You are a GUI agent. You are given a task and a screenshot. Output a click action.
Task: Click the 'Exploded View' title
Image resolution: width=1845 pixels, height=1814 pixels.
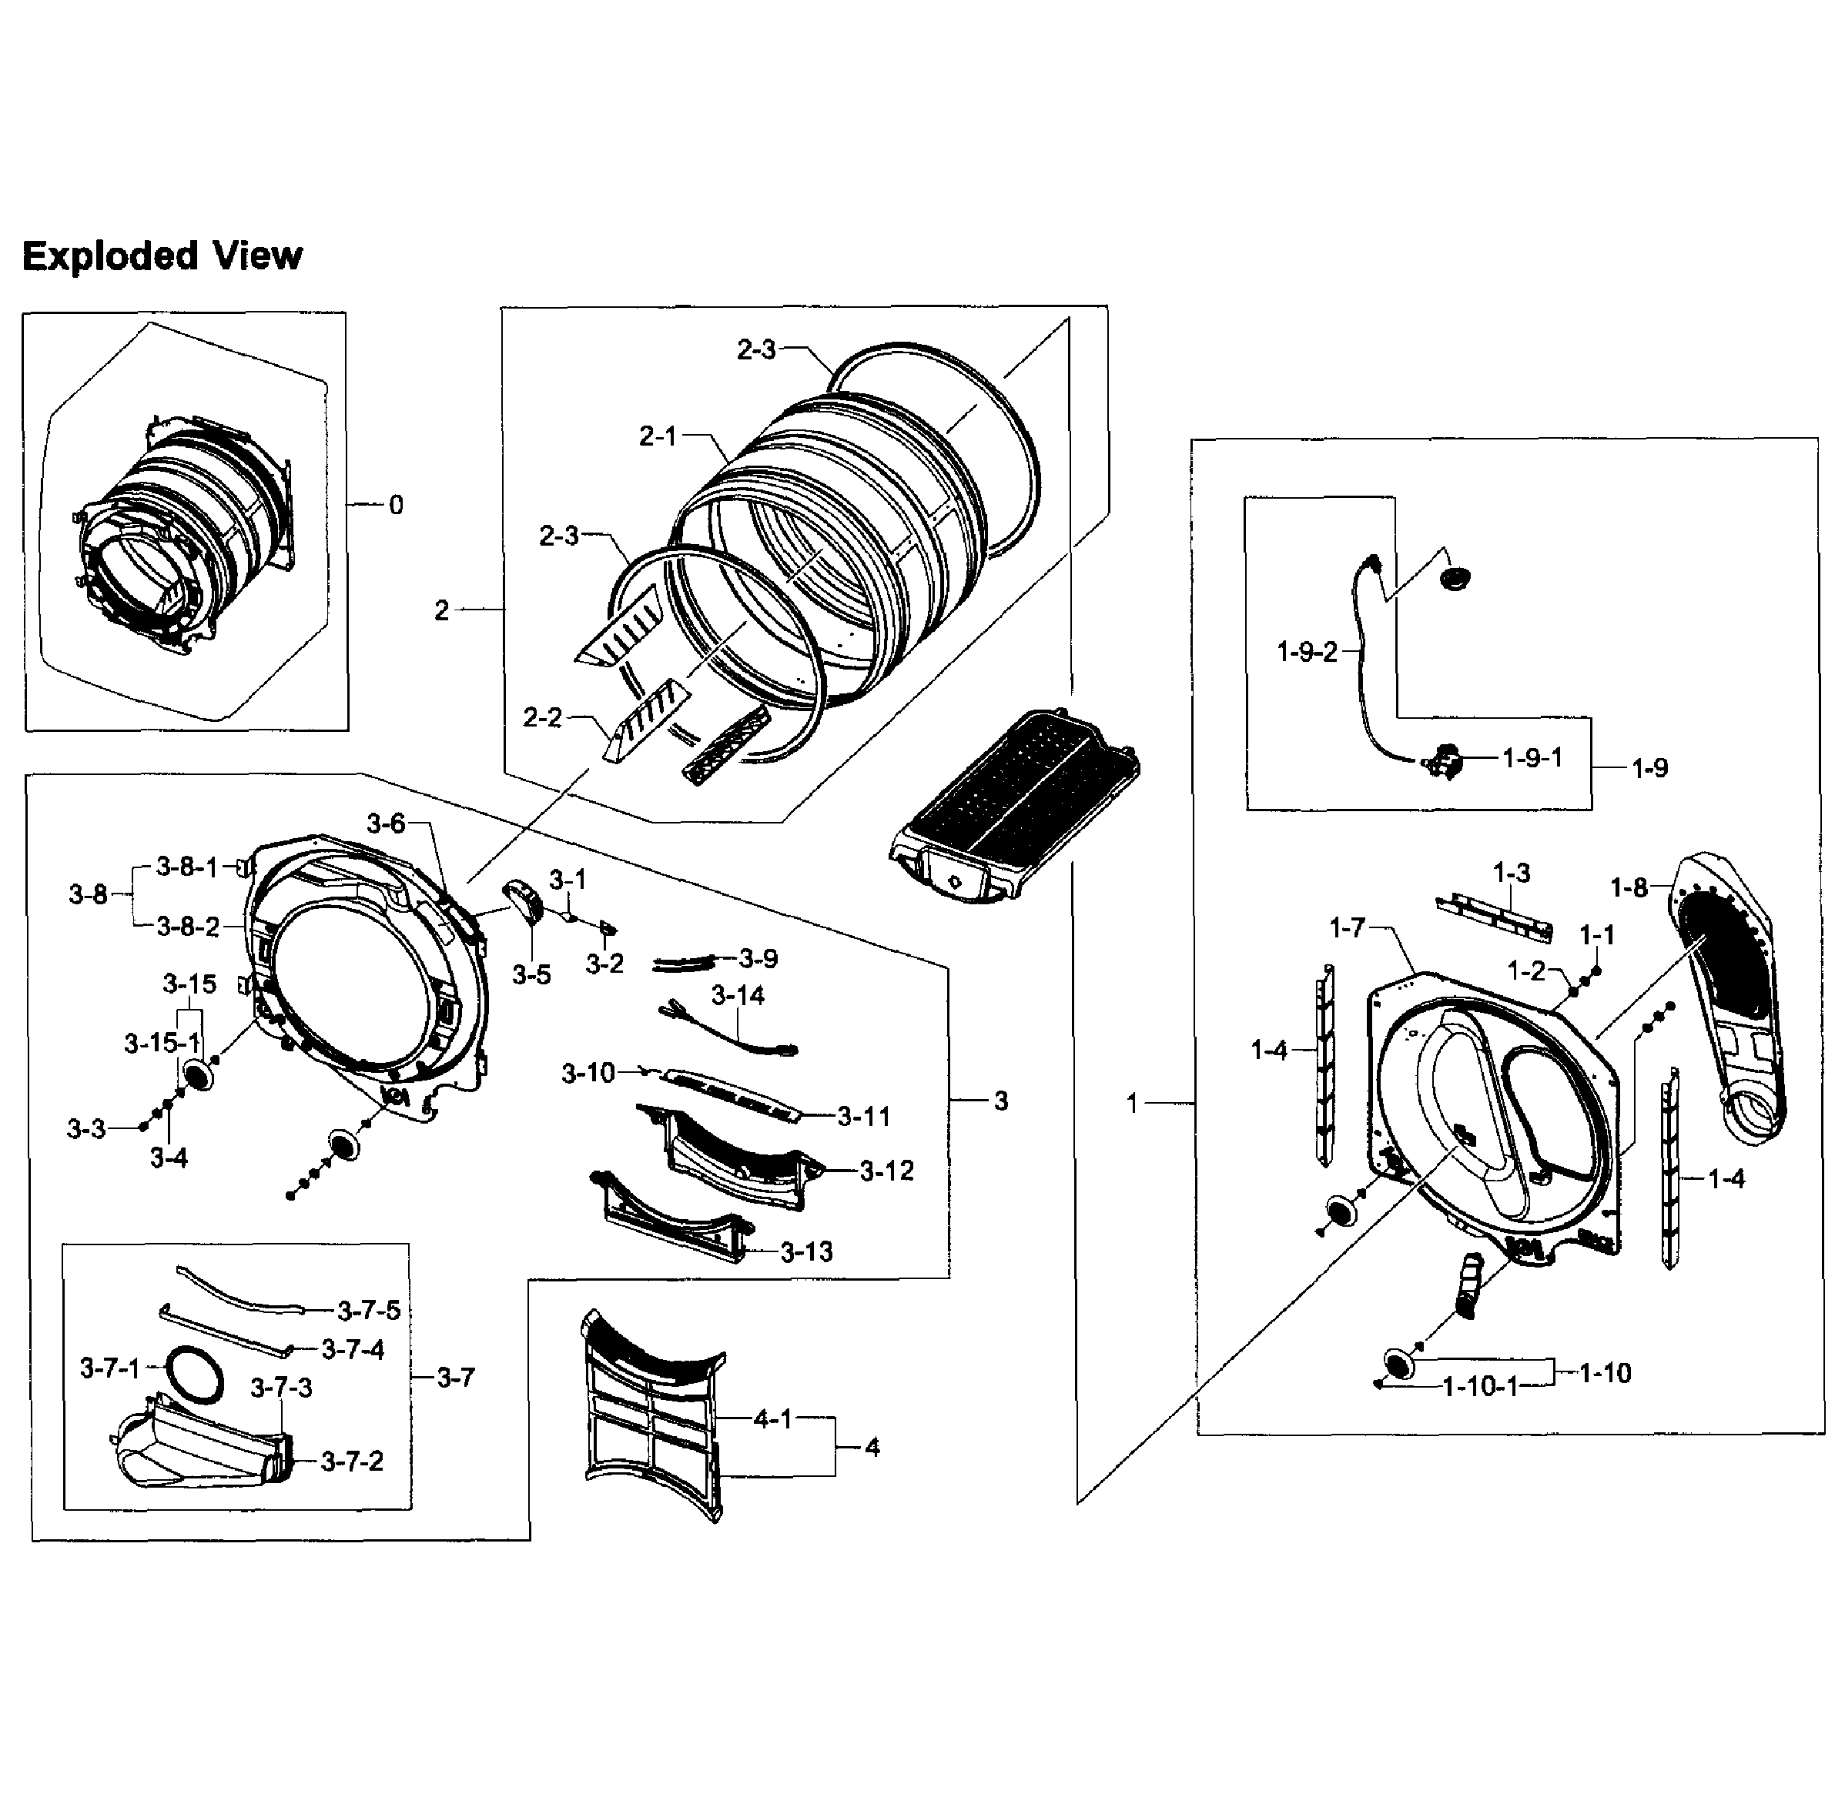coord(162,256)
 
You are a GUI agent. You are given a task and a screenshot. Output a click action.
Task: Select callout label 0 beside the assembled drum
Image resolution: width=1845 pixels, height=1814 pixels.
coord(396,505)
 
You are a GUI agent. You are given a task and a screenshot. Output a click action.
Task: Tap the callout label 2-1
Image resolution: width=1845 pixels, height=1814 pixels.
coord(658,436)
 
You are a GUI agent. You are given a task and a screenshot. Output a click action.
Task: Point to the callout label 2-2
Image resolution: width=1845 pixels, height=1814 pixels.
coord(542,717)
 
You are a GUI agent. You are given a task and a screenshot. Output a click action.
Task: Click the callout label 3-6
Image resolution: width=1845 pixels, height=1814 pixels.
coord(386,823)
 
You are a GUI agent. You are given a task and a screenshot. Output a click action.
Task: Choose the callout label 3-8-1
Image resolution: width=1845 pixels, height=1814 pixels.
coord(187,867)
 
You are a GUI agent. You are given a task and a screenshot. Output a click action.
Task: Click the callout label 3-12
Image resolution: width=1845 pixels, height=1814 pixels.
coord(886,1171)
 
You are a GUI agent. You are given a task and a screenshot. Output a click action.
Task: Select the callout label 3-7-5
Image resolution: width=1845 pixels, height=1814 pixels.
coord(369,1311)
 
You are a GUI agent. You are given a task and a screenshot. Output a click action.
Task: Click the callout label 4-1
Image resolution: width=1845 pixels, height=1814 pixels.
coord(773,1420)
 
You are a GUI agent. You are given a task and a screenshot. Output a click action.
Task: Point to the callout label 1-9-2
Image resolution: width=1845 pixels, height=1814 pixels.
coord(1307,652)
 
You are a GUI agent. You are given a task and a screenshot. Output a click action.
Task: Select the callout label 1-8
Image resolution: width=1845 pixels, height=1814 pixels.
coord(1629,888)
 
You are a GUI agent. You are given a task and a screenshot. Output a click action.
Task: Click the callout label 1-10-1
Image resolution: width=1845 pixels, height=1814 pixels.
coord(1479,1387)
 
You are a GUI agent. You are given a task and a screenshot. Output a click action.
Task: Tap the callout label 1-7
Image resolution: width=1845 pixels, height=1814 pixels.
coord(1348,927)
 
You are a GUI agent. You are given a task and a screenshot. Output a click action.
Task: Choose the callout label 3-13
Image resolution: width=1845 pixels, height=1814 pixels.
coord(806,1252)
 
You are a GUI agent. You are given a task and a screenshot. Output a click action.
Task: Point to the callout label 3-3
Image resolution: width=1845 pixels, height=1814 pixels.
coord(85,1129)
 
